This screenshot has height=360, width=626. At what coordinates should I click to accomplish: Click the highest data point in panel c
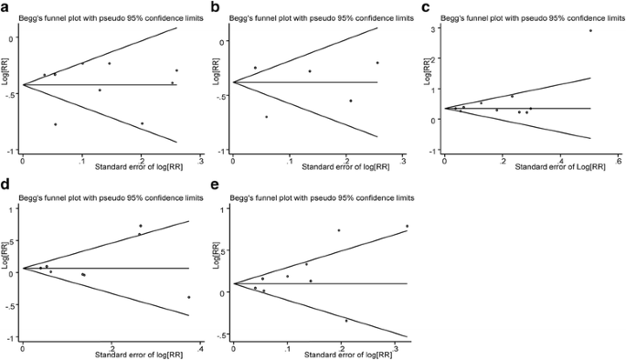590,31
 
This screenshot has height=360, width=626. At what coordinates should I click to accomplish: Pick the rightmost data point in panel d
189,297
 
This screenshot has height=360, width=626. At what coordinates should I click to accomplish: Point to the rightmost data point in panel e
407,226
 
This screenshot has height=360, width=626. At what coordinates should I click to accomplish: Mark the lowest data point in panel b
267,117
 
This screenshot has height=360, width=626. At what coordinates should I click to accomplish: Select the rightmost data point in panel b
377,63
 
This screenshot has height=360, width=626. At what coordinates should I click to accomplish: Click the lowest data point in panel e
346,321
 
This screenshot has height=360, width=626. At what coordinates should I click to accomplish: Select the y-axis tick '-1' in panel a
11,152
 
